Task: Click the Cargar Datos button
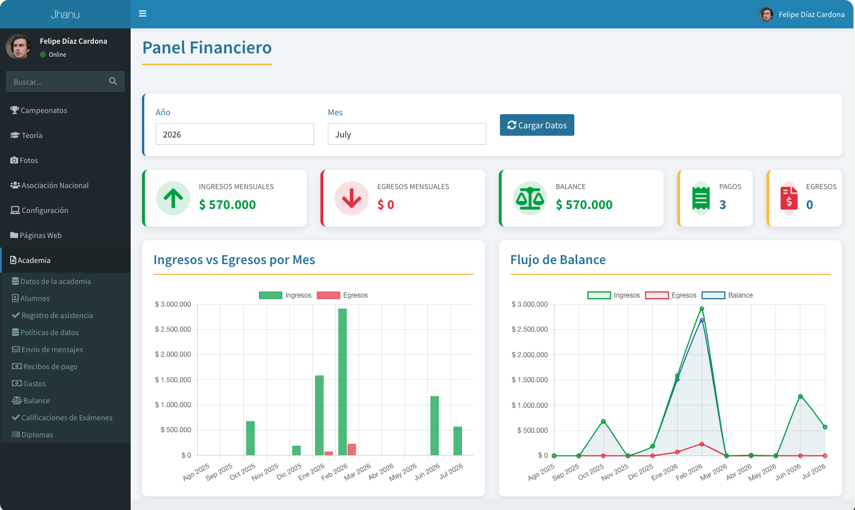click(x=537, y=125)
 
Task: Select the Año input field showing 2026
click(x=235, y=134)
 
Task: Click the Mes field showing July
click(x=407, y=134)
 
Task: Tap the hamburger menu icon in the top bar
click(x=143, y=14)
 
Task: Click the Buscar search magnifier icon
click(x=113, y=81)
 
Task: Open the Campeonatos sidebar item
click(x=39, y=110)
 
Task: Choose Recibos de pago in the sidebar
click(x=45, y=366)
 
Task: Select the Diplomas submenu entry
click(x=32, y=435)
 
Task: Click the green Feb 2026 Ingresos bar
click(x=343, y=382)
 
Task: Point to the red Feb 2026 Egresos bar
click(x=352, y=449)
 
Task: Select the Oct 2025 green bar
click(x=250, y=438)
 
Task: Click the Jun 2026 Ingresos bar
click(x=435, y=426)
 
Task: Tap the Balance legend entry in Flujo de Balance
click(x=727, y=295)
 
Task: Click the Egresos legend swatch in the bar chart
click(x=328, y=295)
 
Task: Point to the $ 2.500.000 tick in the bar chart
click(x=173, y=329)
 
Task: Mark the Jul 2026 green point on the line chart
click(x=825, y=427)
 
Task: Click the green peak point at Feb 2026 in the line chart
click(x=702, y=309)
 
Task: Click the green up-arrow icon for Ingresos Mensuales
click(x=173, y=198)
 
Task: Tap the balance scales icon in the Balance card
click(x=530, y=198)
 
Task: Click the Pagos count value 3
click(x=723, y=205)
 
